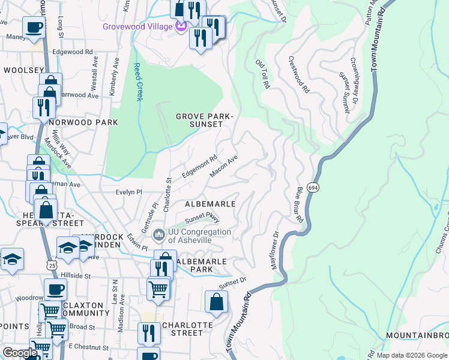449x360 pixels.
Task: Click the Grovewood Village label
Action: (x=137, y=27)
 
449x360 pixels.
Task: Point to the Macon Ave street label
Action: (x=224, y=167)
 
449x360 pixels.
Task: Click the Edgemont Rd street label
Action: (x=199, y=167)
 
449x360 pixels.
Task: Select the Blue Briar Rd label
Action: (x=298, y=205)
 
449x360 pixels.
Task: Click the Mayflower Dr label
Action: (x=277, y=250)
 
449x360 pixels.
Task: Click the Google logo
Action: (x=20, y=353)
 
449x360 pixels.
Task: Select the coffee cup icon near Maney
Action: (x=34, y=28)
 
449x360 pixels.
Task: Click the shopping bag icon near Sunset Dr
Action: (x=216, y=302)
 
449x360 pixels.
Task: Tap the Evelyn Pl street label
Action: (x=129, y=192)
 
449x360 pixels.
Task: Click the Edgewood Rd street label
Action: (x=73, y=52)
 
